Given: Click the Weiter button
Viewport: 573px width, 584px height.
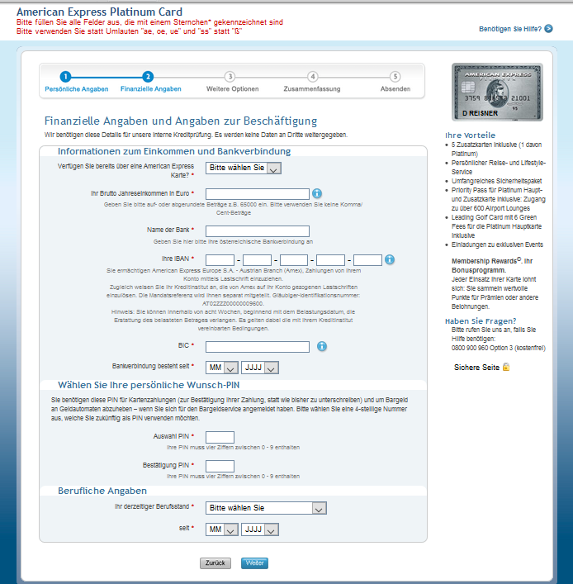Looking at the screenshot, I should pos(254,563).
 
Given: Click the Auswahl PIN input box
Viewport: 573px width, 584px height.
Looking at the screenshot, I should pos(220,437).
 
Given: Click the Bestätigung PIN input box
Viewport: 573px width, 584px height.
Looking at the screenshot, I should pos(220,467).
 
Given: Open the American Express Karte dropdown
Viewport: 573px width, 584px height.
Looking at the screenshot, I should pos(244,168).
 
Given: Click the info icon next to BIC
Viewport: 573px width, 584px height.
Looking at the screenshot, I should pos(322,346).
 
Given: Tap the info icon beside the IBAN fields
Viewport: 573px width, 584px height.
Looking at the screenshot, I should pos(389,259).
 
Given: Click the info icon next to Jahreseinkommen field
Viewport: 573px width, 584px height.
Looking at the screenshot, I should pos(316,193).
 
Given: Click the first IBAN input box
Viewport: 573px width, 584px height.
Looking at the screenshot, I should pos(220,260).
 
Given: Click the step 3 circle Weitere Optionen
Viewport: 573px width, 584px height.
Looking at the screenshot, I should pos(230,77).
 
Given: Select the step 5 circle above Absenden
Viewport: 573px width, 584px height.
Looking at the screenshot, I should pos(395,77).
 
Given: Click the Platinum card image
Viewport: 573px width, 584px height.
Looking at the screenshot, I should pos(497,91).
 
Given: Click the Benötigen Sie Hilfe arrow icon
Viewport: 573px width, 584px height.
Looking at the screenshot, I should pos(548,29).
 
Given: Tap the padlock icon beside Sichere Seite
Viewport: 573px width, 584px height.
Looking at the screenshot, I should pos(506,366).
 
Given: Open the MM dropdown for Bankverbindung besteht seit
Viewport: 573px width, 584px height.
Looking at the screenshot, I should pos(222,368).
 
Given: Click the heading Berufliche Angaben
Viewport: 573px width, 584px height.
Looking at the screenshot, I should pos(102,491).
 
